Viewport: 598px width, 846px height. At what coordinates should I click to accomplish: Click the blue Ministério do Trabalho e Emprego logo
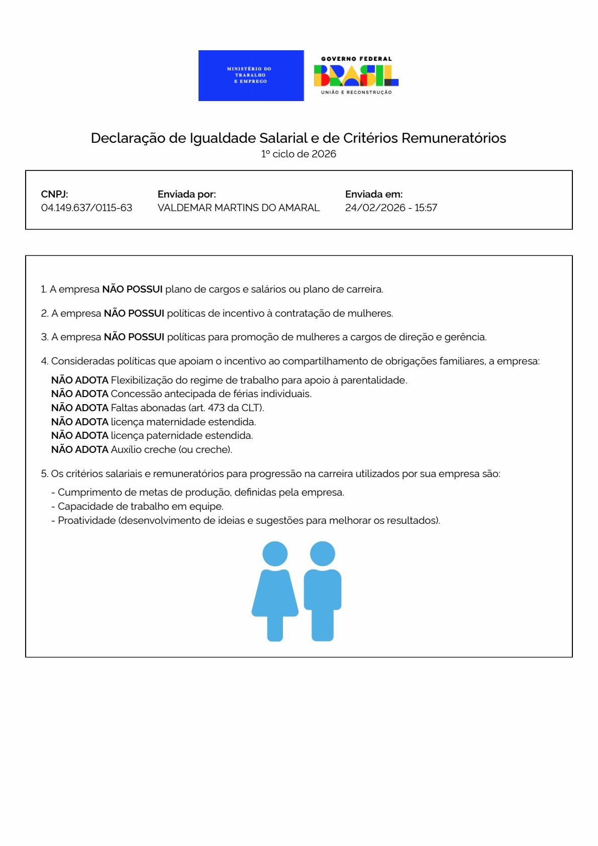[251, 75]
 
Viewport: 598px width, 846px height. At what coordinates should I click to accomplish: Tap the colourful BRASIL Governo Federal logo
[356, 75]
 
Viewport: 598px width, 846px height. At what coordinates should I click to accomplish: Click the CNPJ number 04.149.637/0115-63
[86, 208]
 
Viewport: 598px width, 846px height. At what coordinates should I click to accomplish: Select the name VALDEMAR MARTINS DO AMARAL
[238, 208]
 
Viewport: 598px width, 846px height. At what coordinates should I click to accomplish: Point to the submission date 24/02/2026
[375, 208]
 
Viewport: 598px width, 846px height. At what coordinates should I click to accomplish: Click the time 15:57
[426, 208]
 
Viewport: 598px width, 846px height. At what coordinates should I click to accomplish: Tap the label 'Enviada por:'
[186, 194]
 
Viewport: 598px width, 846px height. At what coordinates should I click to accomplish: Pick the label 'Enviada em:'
[373, 194]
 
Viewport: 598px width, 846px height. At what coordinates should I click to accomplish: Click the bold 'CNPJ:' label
[54, 194]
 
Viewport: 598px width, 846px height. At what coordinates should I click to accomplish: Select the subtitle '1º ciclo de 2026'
[298, 154]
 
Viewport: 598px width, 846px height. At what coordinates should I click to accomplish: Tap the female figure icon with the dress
[275, 591]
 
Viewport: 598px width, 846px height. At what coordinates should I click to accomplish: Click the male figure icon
[323, 591]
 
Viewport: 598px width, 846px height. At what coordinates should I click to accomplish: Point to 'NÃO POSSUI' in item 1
[132, 289]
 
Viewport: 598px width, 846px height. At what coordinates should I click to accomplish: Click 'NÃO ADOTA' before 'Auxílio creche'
[79, 449]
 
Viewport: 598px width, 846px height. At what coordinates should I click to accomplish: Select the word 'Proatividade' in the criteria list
[86, 520]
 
